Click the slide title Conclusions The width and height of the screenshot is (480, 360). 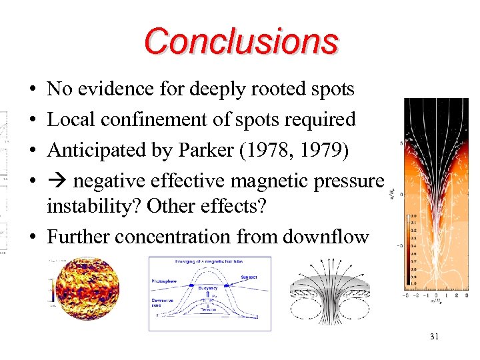pos(241,41)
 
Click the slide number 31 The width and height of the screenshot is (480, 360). pos(434,337)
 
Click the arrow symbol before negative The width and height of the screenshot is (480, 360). pos(57,181)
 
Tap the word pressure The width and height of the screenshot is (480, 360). pos(351,181)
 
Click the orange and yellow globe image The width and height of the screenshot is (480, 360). pos(84,291)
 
